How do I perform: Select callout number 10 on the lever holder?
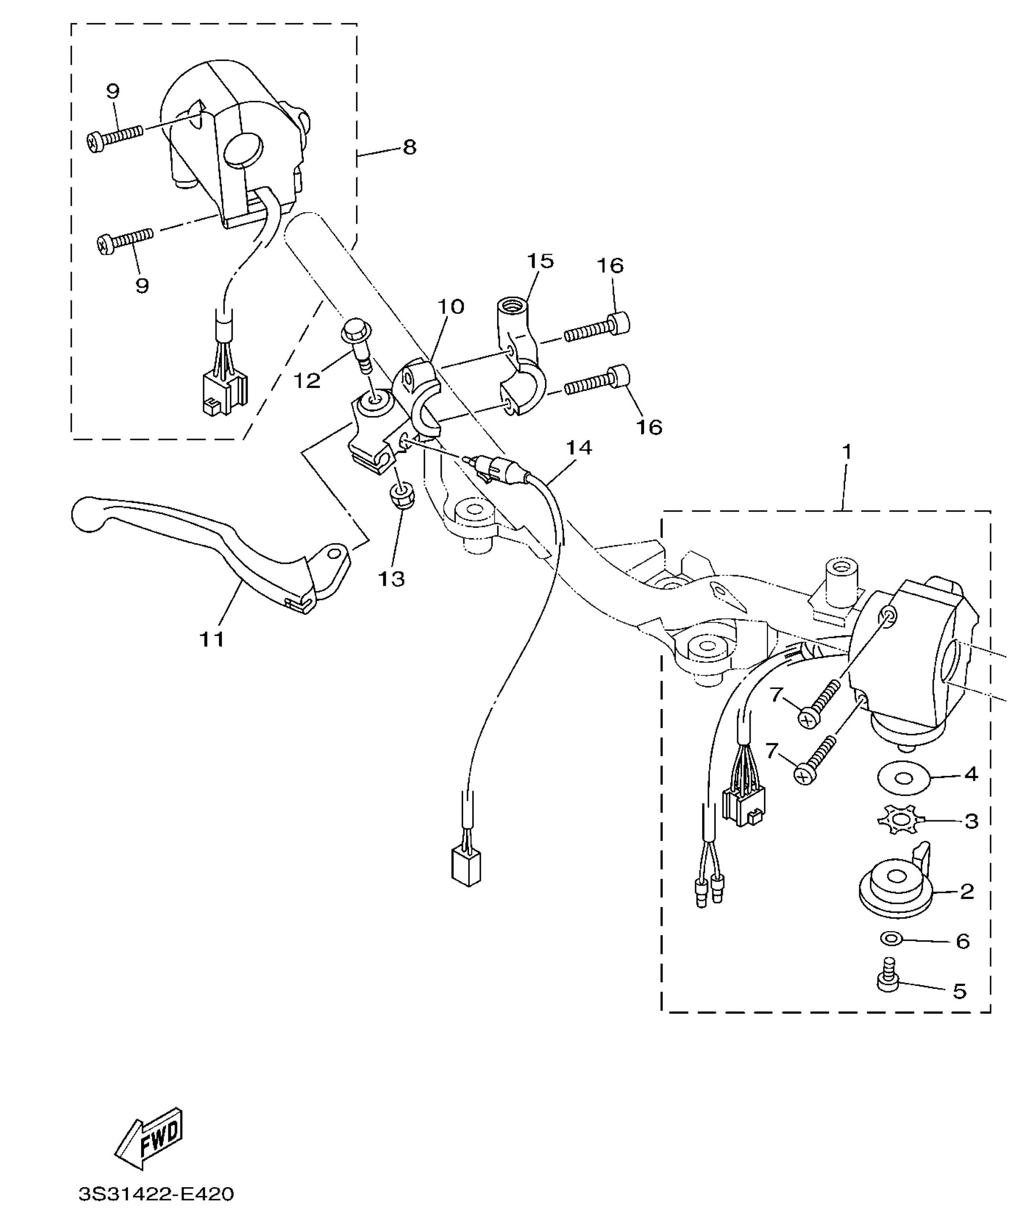450,306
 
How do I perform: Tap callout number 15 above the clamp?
540,260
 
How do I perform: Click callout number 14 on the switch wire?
578,447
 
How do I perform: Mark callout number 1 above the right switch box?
847,451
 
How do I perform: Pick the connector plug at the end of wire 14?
466,869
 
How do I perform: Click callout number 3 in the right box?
971,821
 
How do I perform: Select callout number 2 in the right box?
967,891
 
